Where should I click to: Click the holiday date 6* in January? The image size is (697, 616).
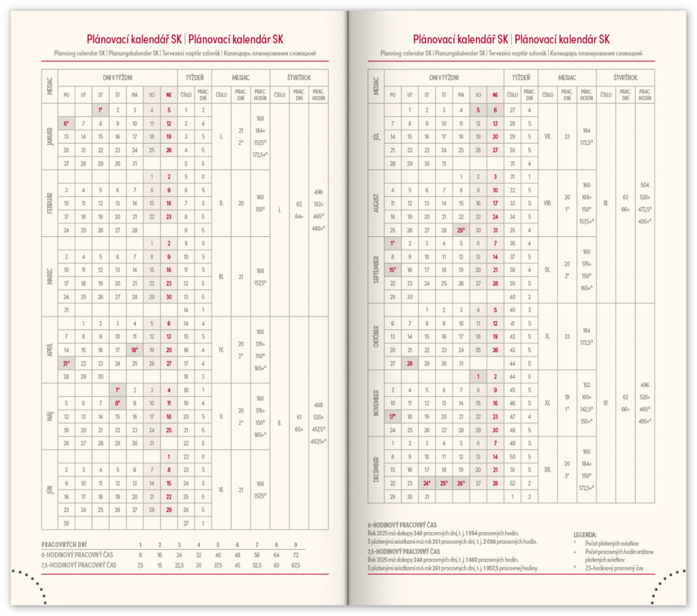(67, 123)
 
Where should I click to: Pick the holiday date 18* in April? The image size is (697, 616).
(135, 350)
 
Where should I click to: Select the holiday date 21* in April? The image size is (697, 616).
(67, 363)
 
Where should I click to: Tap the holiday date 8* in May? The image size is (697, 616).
(118, 402)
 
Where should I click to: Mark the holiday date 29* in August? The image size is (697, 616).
(461, 229)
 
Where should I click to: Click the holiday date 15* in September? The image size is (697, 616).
(393, 270)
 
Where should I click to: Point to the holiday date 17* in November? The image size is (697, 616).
(393, 417)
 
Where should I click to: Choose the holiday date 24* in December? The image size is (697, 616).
(427, 483)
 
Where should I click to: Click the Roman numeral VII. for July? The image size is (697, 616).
(548, 136)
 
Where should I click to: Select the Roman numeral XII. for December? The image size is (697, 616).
(548, 470)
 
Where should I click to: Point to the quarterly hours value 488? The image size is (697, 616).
(317, 404)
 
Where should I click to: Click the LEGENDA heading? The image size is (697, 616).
(586, 534)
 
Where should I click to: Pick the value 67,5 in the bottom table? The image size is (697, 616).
(295, 565)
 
